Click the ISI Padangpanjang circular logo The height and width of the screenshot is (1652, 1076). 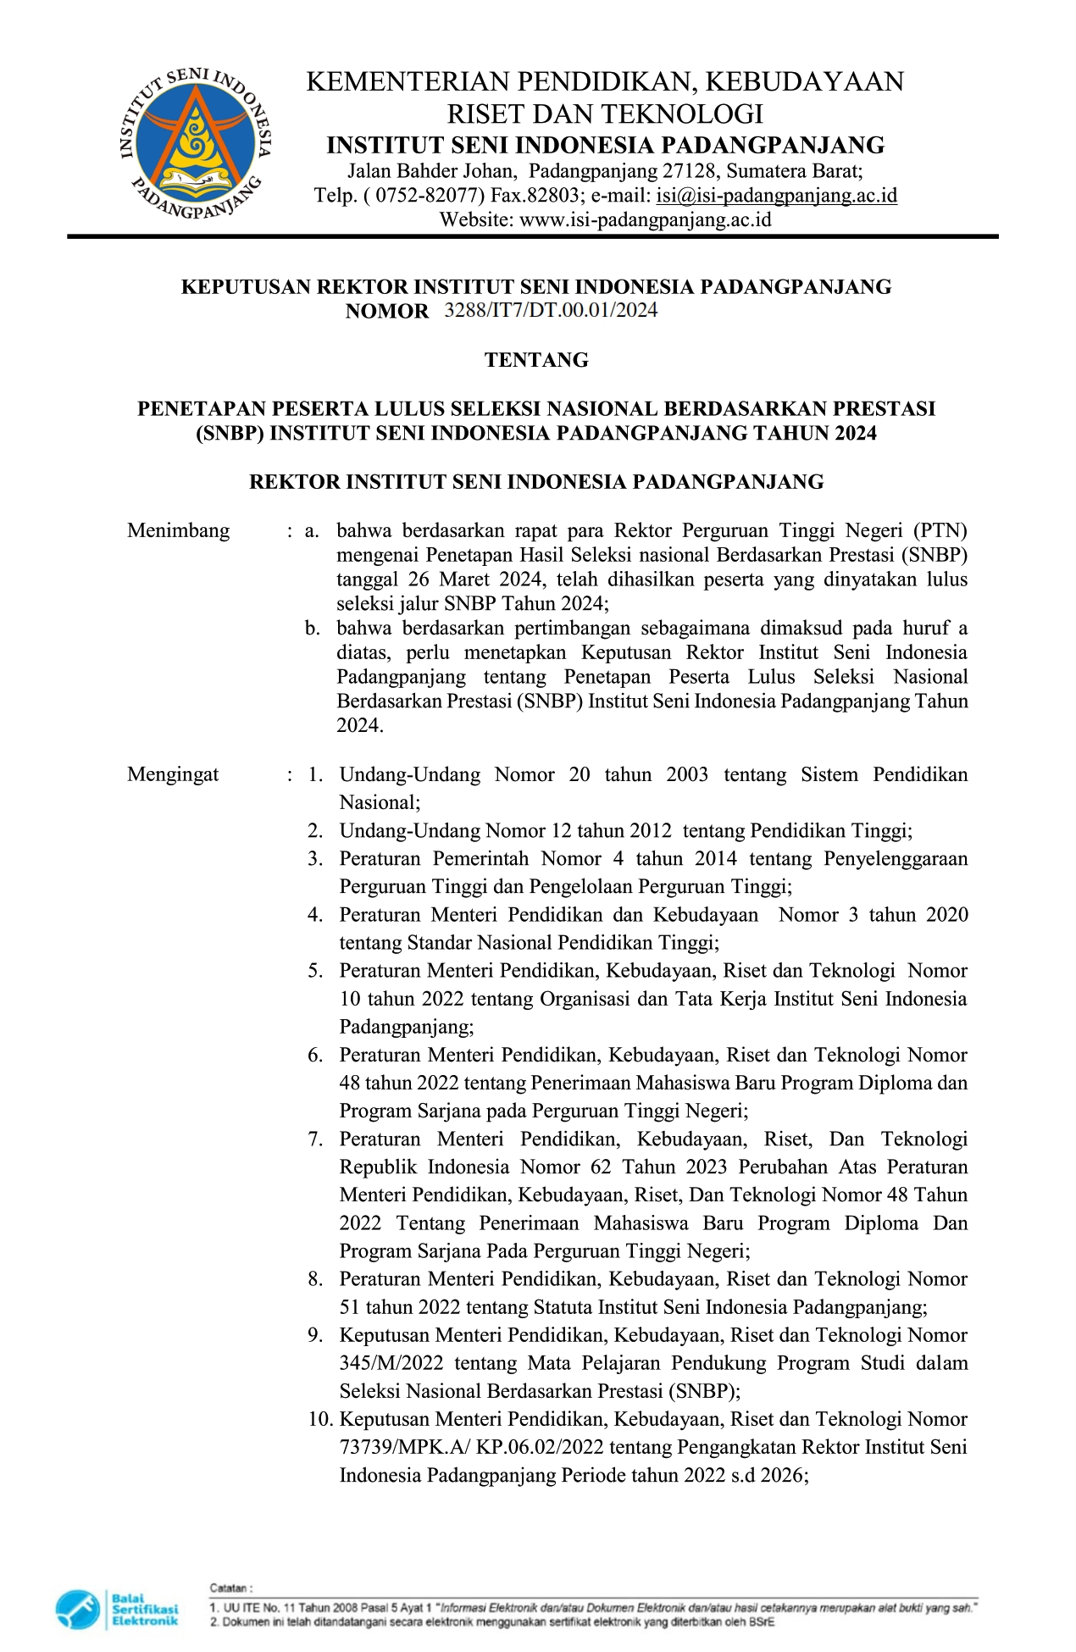click(196, 145)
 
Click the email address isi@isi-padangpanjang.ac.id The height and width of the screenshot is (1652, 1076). click(776, 196)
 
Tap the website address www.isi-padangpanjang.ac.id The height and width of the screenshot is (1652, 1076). click(645, 220)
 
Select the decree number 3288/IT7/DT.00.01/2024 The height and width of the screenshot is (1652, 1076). click(551, 310)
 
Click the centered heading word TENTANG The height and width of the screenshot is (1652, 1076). click(536, 360)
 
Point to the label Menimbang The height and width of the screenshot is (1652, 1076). click(178, 531)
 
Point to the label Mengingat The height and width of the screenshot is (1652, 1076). click(173, 774)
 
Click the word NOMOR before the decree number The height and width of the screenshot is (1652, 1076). click(387, 311)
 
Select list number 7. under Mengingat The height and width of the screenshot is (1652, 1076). click(315, 1139)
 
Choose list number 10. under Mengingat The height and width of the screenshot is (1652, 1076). click(321, 1419)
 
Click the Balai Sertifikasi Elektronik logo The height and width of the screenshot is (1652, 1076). click(118, 1609)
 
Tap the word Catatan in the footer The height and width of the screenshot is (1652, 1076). click(230, 1588)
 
